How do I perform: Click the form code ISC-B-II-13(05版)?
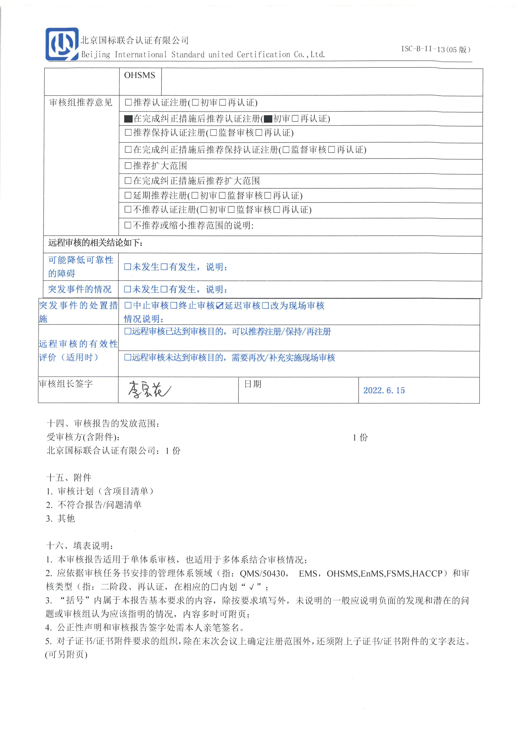(435, 49)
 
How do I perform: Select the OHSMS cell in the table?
(140, 75)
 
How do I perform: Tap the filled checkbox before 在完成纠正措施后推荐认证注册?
(128, 119)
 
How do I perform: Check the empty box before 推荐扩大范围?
(128, 166)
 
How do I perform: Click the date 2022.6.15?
(384, 390)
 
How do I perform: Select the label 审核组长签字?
(66, 384)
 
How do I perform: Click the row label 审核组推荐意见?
(81, 103)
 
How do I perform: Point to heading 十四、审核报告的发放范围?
(103, 423)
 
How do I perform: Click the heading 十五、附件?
(69, 477)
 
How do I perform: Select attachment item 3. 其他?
(60, 518)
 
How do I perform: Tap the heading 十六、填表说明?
(80, 545)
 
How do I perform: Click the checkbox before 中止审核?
(128, 306)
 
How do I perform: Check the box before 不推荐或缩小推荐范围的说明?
(128, 225)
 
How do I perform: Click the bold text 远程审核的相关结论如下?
(95, 243)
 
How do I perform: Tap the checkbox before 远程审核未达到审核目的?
(128, 357)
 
